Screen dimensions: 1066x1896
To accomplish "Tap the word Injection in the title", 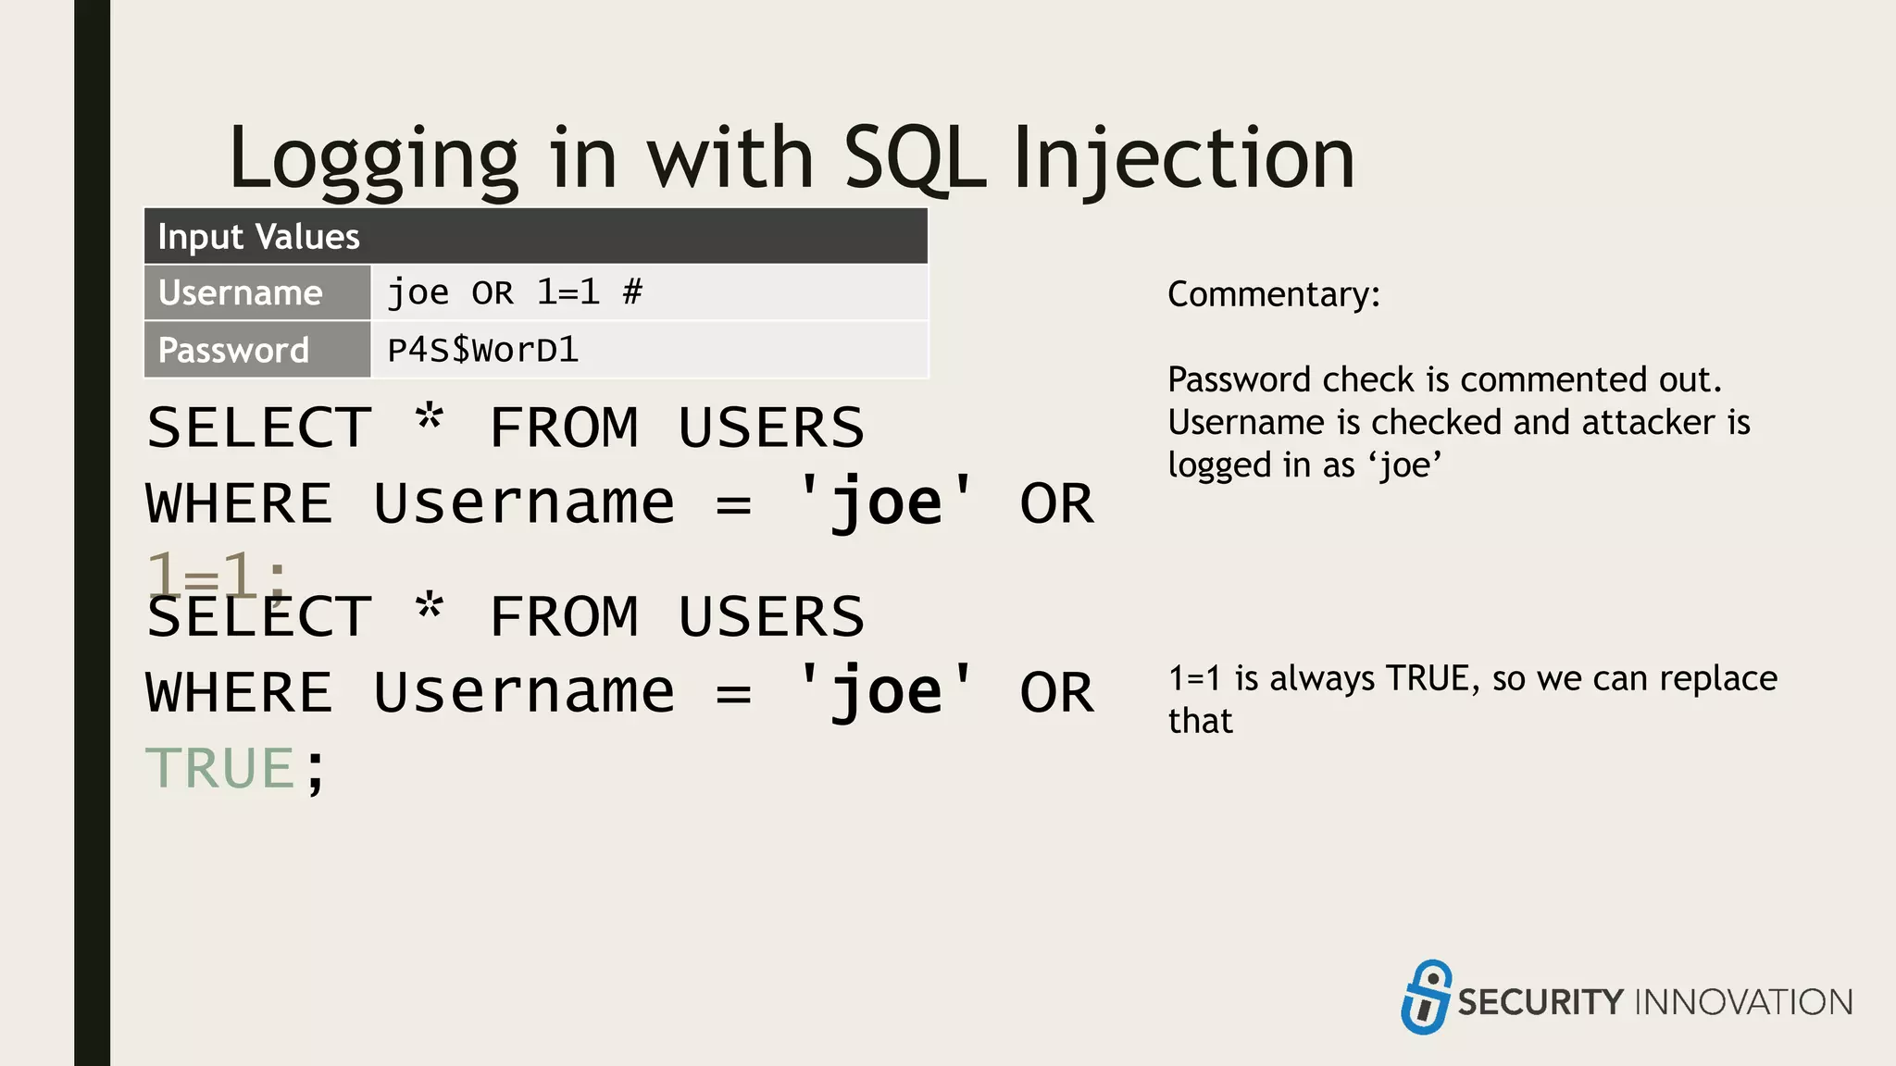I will point(1184,158).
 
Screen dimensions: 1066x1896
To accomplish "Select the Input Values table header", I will point(535,237).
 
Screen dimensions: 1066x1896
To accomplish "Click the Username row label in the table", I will point(241,293).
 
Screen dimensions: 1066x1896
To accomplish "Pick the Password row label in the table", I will point(233,351).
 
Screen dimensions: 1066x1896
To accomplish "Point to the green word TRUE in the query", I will point(220,768).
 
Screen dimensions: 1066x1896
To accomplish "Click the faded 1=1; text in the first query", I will point(217,576).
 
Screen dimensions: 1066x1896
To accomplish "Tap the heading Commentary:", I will point(1273,294).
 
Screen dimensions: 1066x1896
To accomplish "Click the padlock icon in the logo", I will point(1426,997).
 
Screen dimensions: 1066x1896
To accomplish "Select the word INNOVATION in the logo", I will point(1744,1002).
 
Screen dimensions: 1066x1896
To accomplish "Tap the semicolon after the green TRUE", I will point(316,770).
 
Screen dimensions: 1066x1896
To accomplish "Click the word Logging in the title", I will point(373,158).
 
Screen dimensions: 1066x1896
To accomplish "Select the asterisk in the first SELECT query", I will point(430,419).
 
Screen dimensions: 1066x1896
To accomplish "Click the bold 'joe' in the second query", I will point(886,692).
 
